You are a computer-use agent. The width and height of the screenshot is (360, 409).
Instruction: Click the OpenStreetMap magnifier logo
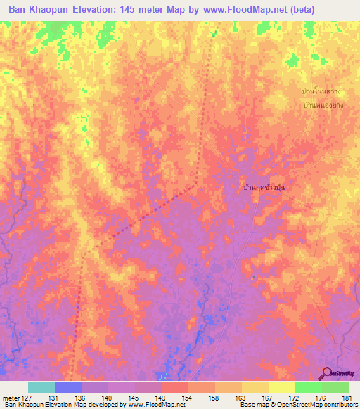327,373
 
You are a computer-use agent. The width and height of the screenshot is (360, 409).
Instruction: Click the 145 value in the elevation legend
134,397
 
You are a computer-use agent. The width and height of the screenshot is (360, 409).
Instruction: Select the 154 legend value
188,397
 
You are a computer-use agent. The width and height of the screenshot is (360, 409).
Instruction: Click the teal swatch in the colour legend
41,387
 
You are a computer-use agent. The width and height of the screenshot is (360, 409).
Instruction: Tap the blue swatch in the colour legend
67,387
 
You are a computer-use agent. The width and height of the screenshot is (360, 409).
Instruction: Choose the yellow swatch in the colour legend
281,387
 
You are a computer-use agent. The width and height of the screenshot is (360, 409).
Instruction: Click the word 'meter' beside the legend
10,397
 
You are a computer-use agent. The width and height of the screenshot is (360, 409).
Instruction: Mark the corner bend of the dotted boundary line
196,184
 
